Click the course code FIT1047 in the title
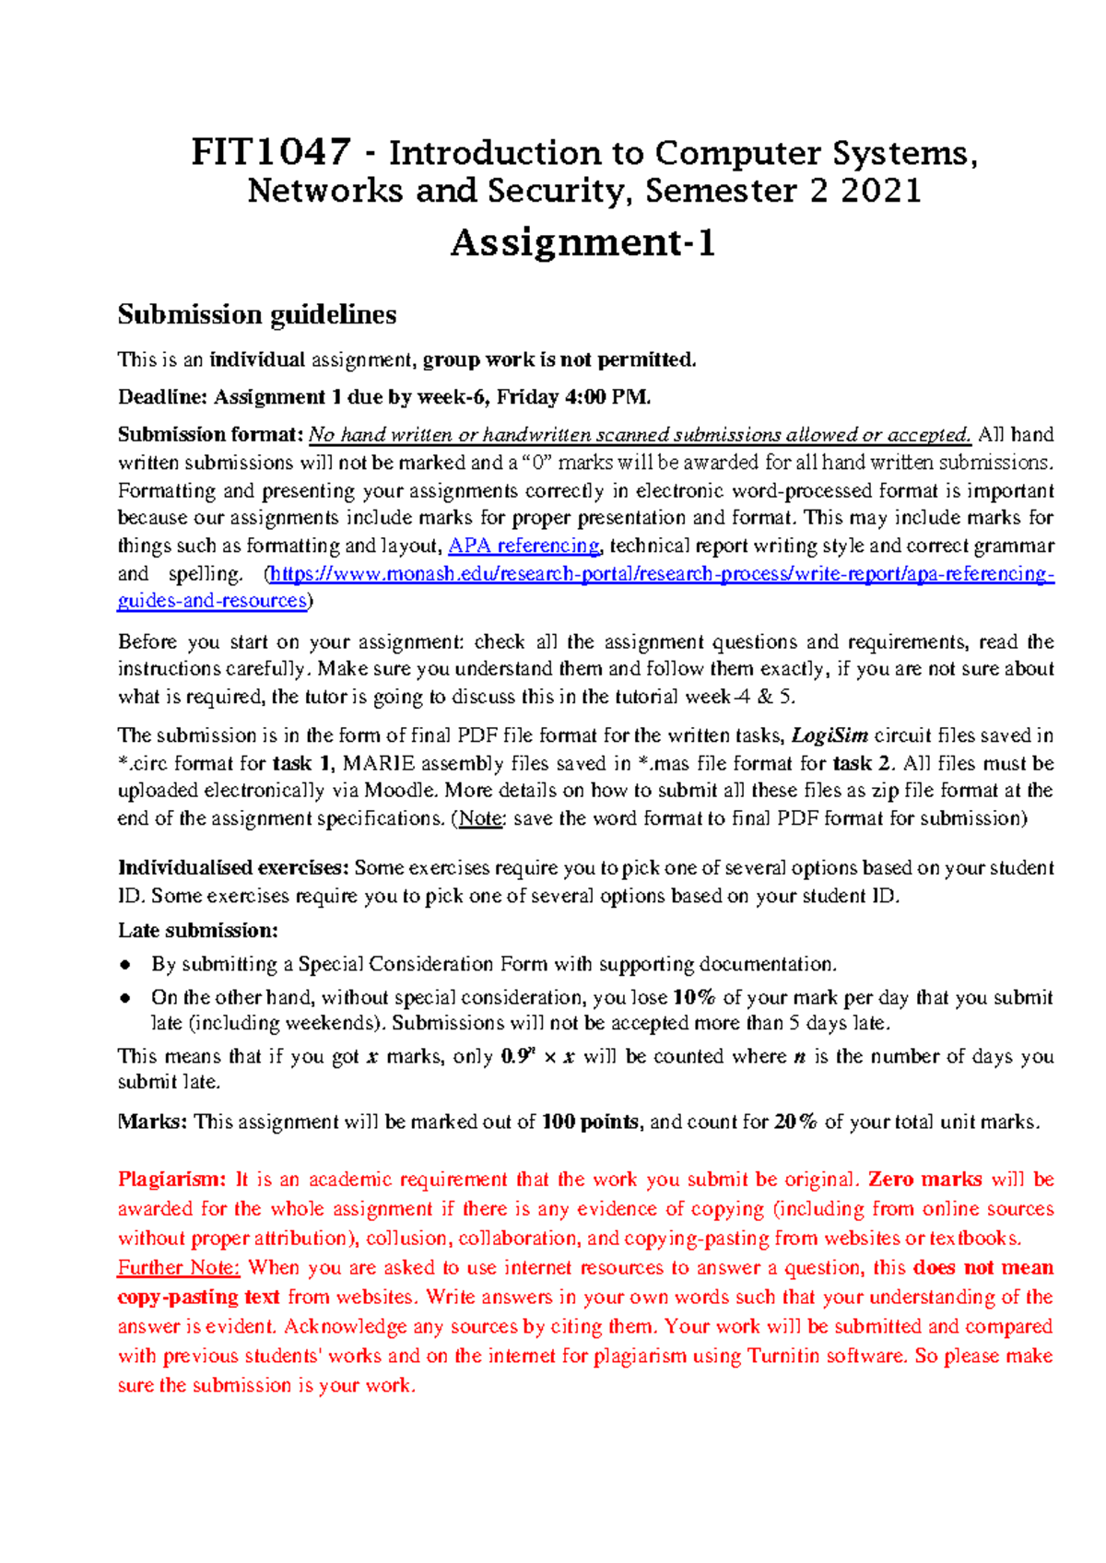(270, 152)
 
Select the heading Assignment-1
(582, 243)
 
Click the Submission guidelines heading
(256, 315)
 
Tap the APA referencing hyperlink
(524, 546)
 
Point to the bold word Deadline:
(162, 397)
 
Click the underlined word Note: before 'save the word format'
(480, 818)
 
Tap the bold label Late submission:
(197, 930)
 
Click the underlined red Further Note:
(179, 1268)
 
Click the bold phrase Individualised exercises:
(233, 868)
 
